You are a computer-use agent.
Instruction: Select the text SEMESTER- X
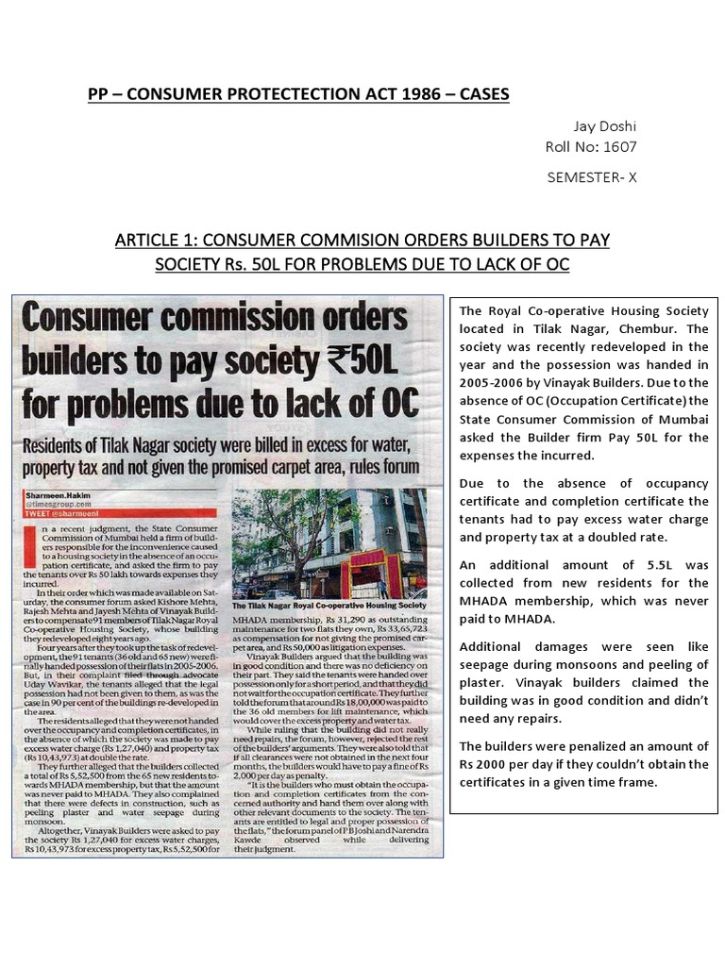pos(591,176)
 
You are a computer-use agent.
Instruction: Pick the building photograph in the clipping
pos(329,541)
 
